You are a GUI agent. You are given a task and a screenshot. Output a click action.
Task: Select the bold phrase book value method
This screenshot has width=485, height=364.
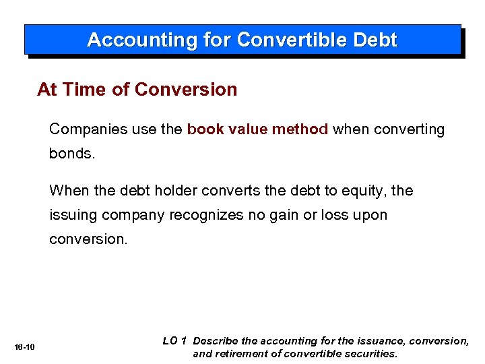pyautogui.click(x=257, y=129)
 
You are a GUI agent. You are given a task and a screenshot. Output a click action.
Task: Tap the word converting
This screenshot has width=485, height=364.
pyautogui.click(x=412, y=129)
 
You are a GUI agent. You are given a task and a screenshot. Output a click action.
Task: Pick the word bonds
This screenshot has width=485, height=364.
pyautogui.click(x=71, y=154)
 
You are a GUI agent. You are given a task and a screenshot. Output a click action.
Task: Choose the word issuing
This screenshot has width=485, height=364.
pyautogui.click(x=71, y=216)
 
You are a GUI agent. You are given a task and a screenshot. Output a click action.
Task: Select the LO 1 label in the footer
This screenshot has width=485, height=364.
pyautogui.click(x=174, y=341)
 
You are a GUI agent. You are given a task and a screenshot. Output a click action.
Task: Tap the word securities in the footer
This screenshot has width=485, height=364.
pyautogui.click(x=370, y=353)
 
